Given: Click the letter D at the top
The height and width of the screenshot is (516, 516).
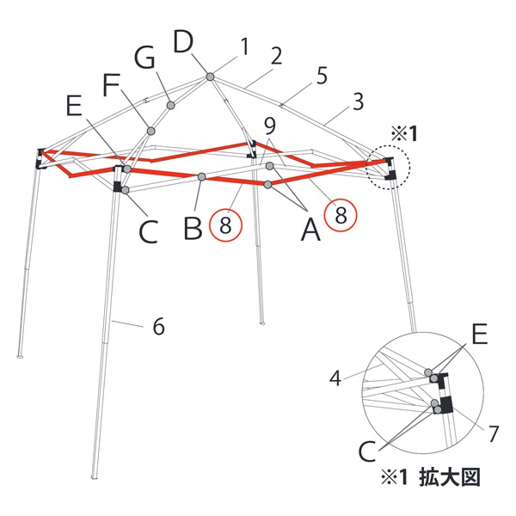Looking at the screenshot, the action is [x=183, y=41].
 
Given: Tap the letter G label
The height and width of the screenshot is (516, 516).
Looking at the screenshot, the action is [x=144, y=58].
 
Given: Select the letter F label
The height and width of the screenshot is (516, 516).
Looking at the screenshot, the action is [x=111, y=84].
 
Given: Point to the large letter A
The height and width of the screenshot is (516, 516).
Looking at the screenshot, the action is [x=310, y=230].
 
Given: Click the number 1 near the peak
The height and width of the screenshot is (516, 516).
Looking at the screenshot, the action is [x=244, y=46].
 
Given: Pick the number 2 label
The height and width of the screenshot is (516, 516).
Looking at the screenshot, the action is [x=276, y=56].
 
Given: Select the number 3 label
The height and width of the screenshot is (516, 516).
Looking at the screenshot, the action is [x=358, y=101].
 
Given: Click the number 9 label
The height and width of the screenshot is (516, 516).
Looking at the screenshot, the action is [x=270, y=126].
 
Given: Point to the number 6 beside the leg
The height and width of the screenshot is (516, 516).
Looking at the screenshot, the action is [x=159, y=327].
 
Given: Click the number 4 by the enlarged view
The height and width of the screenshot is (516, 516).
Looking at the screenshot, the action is [x=335, y=378].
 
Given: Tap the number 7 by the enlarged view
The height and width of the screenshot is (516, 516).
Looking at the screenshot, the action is [x=493, y=433].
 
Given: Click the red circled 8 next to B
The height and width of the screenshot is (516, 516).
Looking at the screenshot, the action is [x=225, y=225].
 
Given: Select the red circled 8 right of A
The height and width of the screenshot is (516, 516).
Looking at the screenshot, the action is [x=341, y=215].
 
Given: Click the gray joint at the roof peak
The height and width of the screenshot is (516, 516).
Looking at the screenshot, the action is [x=210, y=77].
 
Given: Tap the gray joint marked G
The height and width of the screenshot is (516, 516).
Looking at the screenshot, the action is [x=170, y=105].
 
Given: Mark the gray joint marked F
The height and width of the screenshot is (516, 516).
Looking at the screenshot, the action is [x=150, y=132].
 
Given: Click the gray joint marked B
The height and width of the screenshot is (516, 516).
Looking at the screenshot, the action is [x=202, y=176].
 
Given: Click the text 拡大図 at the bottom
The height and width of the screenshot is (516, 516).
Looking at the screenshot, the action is [x=450, y=477].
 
